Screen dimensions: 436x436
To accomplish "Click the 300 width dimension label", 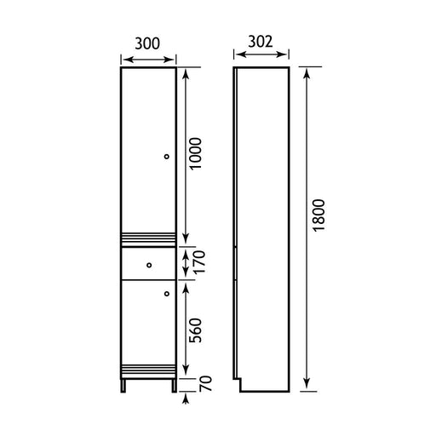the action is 147,43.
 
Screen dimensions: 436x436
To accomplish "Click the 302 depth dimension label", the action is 261,42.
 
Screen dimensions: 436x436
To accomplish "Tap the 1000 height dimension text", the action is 195,153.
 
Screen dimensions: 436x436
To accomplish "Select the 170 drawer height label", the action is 198,261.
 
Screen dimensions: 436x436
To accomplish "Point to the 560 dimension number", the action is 195,330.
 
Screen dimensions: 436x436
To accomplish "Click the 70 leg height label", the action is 205,383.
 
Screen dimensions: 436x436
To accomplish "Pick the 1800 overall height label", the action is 318,215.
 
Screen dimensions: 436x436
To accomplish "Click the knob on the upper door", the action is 167,157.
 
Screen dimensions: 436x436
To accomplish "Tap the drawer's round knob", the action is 149,265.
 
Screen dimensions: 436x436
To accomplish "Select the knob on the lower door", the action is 167,294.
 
